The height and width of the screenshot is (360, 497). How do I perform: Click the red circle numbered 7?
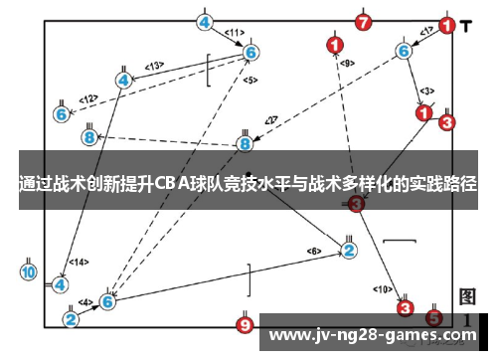coord(363,21)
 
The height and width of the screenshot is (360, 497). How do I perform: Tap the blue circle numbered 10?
coord(28,271)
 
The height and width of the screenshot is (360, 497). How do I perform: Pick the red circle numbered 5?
coord(433,318)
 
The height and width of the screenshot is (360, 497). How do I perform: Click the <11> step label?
coord(235,32)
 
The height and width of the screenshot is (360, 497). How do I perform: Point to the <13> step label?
coord(154,66)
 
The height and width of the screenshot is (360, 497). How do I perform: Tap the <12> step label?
coord(88,97)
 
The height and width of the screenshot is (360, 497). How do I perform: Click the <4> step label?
coord(85,302)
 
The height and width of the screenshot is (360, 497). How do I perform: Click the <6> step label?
coord(315,250)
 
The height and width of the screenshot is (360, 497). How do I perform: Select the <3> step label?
coord(424,90)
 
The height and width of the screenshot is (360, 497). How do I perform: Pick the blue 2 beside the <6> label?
coord(349,249)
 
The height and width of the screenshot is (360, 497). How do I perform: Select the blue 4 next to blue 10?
coord(61,284)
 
